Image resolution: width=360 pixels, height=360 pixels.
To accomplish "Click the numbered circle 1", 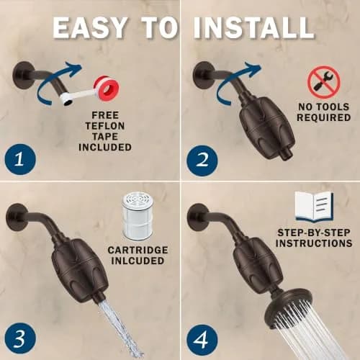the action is tap(20, 159).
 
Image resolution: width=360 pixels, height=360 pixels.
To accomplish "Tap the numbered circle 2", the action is tap(202, 161).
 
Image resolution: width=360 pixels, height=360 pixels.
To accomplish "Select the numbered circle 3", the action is tap(20, 338).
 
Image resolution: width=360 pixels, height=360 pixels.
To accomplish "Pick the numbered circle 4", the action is tap(202, 340).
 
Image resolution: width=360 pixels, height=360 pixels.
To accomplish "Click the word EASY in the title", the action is tap(89, 28).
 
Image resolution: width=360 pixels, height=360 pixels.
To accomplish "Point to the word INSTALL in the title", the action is tap(253, 28).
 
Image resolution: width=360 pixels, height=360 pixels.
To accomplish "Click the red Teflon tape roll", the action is tap(107, 89).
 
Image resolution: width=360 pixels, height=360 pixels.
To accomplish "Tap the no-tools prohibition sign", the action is tap(324, 82).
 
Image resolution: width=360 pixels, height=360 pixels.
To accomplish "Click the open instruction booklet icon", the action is tap(314, 207).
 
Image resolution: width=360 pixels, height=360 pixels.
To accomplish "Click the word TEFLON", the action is tap(105, 126).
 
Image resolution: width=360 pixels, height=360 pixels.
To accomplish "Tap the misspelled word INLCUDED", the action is tap(138, 261).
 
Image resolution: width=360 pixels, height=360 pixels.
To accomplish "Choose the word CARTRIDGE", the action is tap(138, 250).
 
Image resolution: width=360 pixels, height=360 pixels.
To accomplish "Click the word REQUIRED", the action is tap(324, 117).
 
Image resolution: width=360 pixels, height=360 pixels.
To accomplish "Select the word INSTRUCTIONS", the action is tap(314, 243).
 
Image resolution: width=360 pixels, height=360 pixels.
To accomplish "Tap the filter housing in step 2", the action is tap(267, 127).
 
